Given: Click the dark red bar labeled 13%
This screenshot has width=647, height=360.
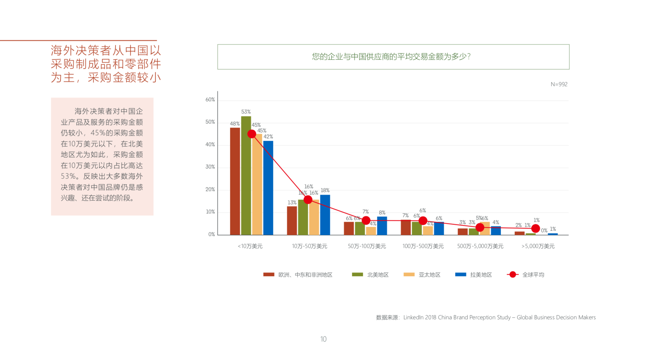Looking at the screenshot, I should pos(292,221).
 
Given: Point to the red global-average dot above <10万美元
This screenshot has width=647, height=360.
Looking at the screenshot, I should pos(252,134).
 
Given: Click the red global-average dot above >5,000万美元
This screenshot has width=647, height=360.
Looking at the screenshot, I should pos(536,228).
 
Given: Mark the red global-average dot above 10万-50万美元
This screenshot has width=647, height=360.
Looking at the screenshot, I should pos(308,199).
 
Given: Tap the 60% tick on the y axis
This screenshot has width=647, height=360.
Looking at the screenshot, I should pos(210,100).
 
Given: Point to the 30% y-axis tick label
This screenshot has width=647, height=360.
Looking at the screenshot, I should pos(210,167).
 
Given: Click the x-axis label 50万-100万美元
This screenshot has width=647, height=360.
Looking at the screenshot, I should pos(367,246).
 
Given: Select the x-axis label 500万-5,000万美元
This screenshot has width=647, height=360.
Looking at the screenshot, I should pos(480,246).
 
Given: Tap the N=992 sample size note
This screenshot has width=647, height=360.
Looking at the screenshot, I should pos(559,85).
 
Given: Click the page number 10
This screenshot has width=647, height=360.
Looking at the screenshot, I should pos(323,339).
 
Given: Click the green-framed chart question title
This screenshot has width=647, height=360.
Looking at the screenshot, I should pos(393,57).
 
